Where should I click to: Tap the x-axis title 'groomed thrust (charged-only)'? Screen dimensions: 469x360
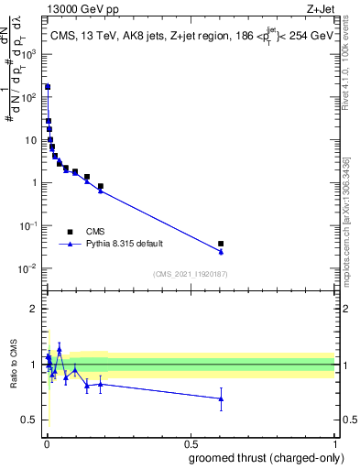267,458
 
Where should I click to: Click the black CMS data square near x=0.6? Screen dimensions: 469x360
221,244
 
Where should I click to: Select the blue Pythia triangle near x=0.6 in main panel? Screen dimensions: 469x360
221,251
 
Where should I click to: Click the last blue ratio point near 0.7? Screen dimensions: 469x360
221,398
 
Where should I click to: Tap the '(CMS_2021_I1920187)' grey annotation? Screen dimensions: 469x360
191,273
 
